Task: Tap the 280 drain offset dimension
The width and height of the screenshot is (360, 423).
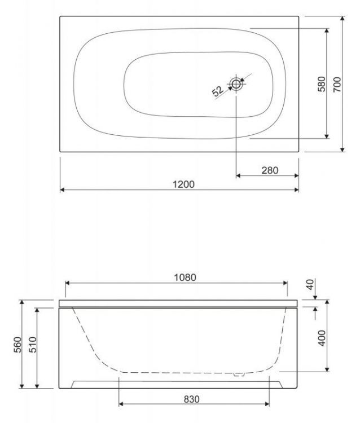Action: [x=270, y=170]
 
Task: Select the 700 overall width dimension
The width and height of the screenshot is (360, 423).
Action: [x=337, y=85]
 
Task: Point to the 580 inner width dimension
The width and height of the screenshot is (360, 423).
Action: [x=321, y=85]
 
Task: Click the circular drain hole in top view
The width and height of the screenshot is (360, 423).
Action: [x=236, y=85]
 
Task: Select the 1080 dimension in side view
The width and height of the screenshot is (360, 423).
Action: [x=186, y=277]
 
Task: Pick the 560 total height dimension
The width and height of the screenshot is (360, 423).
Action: [x=16, y=344]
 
